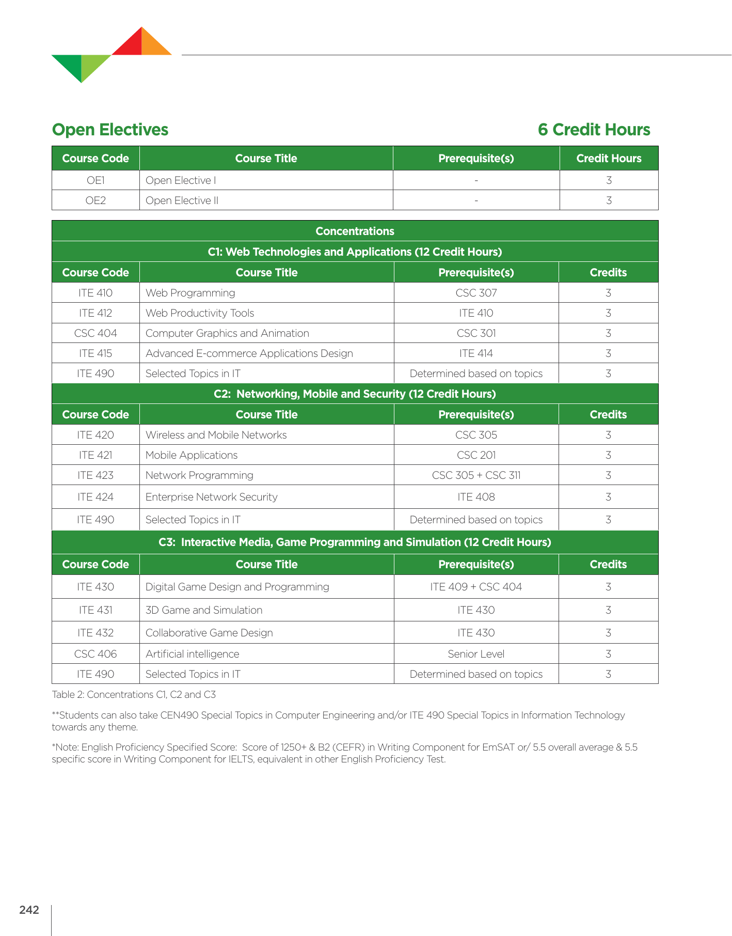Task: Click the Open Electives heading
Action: pos(110,130)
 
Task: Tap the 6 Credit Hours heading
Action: pos(594,130)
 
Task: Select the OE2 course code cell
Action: pos(96,200)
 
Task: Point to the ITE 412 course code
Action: pos(96,313)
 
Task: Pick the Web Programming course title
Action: pos(190,293)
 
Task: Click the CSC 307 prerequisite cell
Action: pos(476,293)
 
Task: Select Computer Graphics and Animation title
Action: pos(227,333)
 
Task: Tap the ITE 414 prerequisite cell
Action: pos(476,353)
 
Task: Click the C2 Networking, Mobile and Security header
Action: pos(355,394)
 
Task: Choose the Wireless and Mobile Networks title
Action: pos(216,435)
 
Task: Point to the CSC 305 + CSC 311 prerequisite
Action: pos(476,475)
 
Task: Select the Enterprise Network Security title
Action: pos(211,497)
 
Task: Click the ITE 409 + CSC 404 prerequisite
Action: pos(476,587)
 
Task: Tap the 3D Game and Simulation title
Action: pos(203,610)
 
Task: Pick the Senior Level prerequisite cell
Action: pos(476,654)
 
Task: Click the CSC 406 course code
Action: pos(96,654)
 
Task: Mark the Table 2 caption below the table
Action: pos(134,695)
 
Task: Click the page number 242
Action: pos(29,910)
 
